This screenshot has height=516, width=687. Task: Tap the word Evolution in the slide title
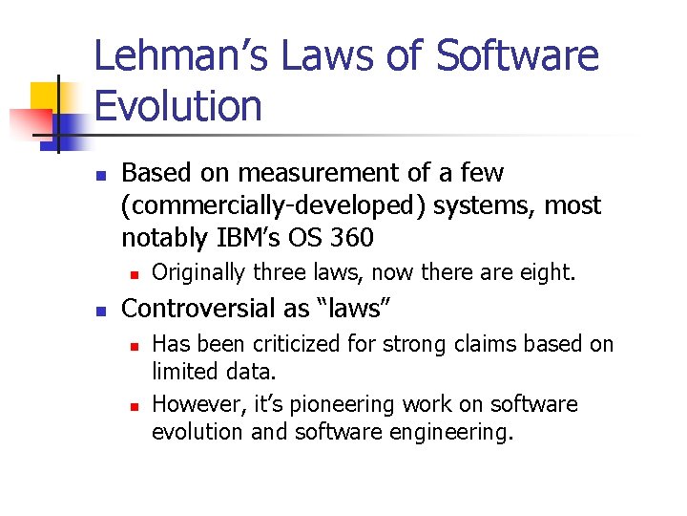click(178, 105)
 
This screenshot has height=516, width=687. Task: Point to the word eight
click(547, 273)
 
